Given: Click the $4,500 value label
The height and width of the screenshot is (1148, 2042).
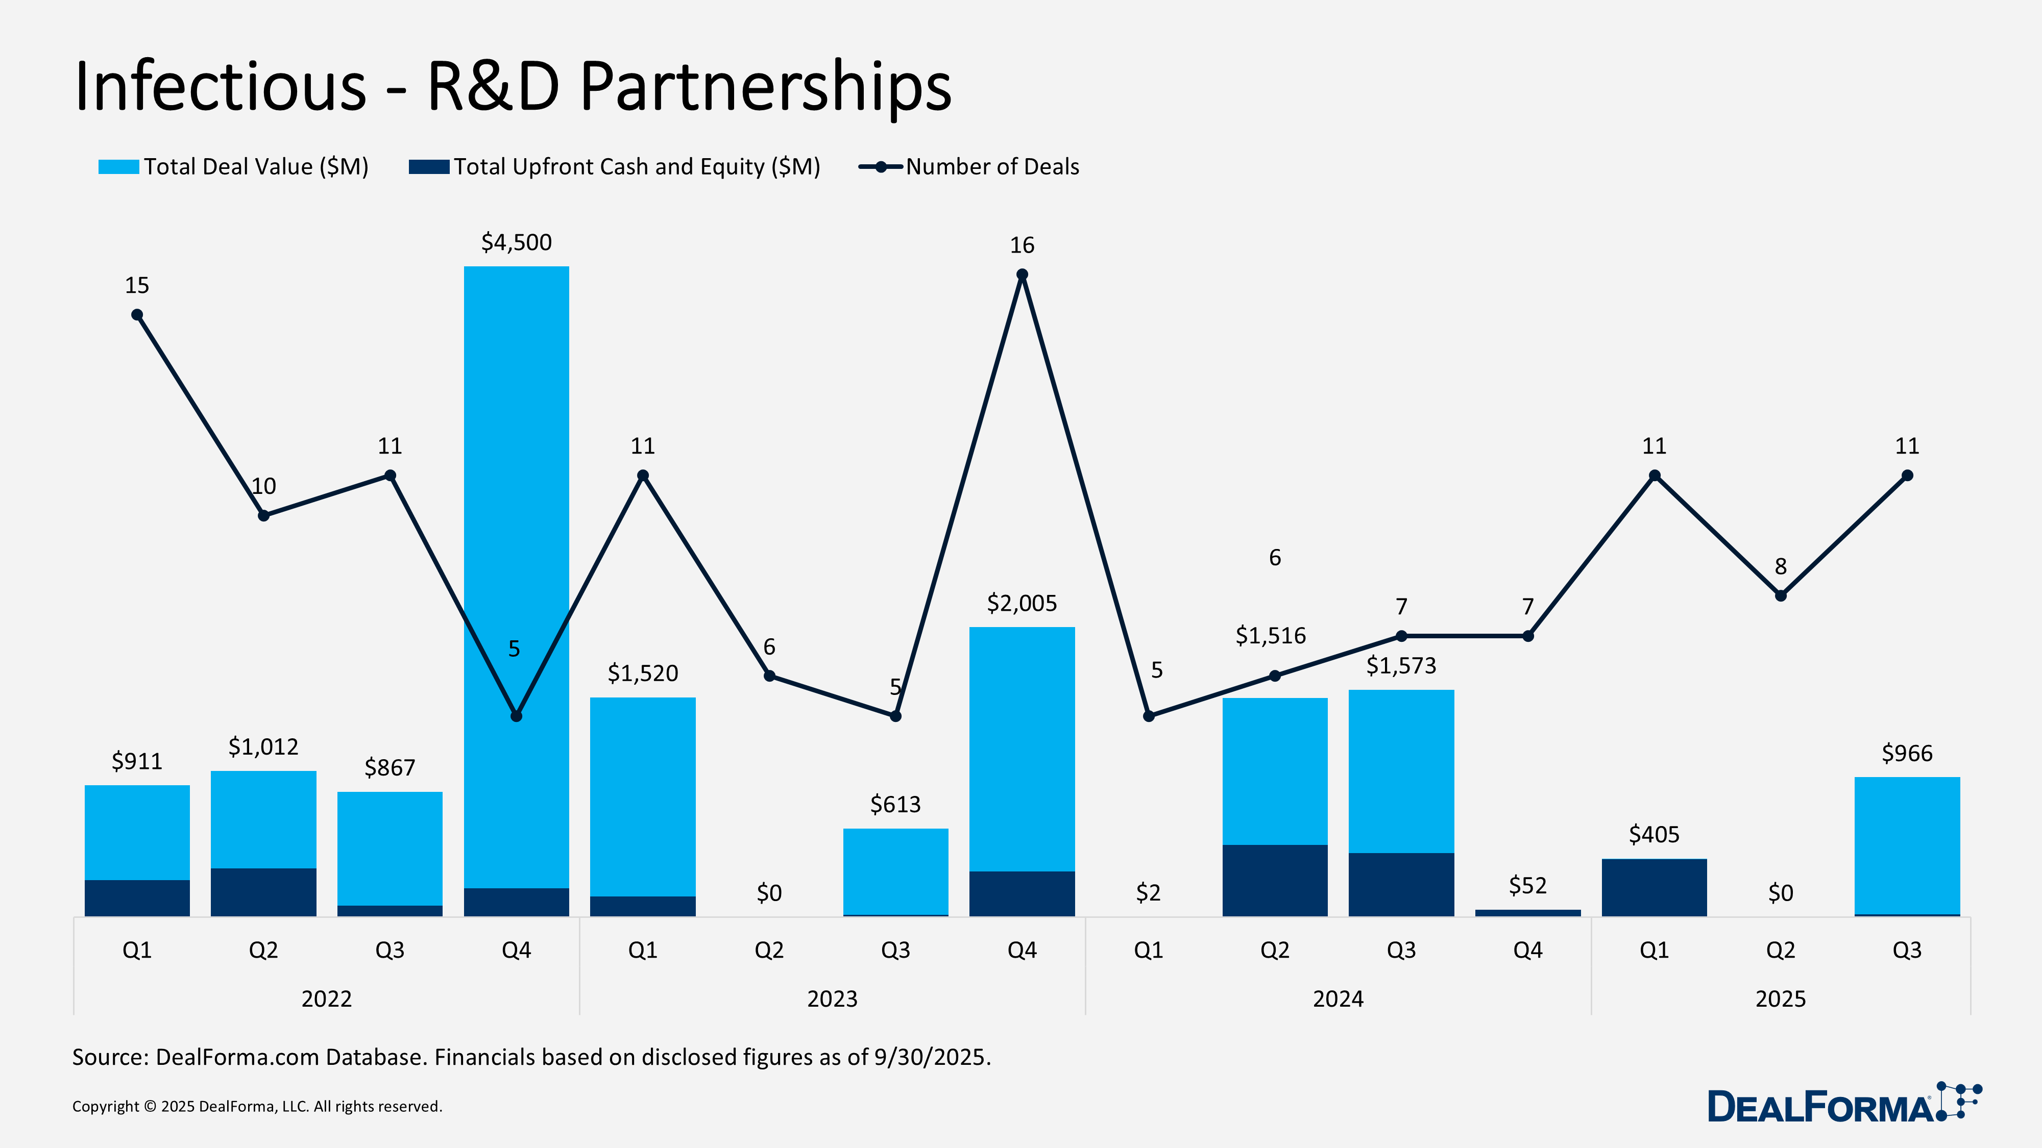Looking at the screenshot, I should (x=516, y=242).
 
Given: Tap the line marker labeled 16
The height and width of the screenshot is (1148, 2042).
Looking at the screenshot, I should (x=1022, y=275).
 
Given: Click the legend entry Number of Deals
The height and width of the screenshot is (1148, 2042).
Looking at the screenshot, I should (x=992, y=167).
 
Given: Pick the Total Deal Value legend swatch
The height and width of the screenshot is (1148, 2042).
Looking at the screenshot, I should (x=118, y=167).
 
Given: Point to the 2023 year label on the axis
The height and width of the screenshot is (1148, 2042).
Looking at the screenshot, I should (x=832, y=999).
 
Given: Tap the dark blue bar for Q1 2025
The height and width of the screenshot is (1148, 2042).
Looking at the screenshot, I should (x=1654, y=887).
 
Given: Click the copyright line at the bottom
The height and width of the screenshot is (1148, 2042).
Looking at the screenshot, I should (x=257, y=1106).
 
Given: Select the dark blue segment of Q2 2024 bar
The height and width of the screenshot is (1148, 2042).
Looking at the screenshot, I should (x=1275, y=880).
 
